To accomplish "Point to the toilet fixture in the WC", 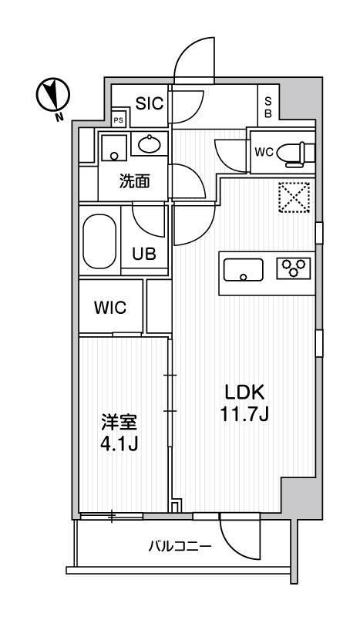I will tap(296, 152).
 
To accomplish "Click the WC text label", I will tap(264, 151).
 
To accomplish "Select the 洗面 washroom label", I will tap(133, 182).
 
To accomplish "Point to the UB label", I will tap(148, 254).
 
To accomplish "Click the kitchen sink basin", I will tap(244, 270).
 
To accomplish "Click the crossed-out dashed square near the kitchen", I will tap(293, 197).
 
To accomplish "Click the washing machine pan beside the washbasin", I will tap(114, 146).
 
